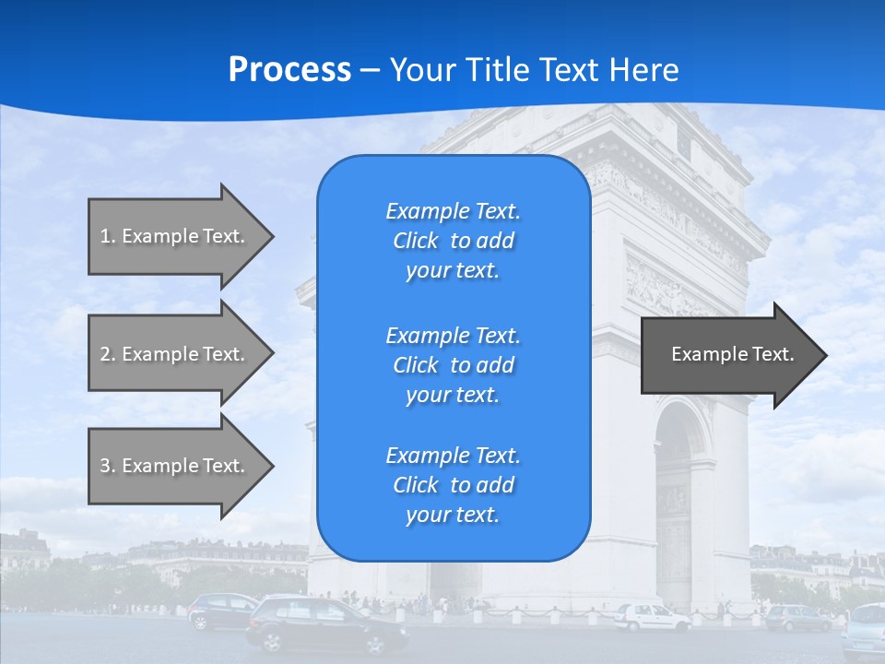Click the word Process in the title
(x=289, y=70)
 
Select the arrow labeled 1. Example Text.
(x=175, y=236)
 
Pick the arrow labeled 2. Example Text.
(x=175, y=354)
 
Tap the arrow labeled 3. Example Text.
(x=175, y=466)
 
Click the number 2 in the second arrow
(x=106, y=354)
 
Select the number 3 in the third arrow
(x=106, y=466)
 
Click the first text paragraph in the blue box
(x=453, y=241)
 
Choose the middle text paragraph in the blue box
(x=453, y=364)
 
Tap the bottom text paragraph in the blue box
(x=453, y=485)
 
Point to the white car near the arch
(x=651, y=616)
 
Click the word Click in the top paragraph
(x=415, y=241)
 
